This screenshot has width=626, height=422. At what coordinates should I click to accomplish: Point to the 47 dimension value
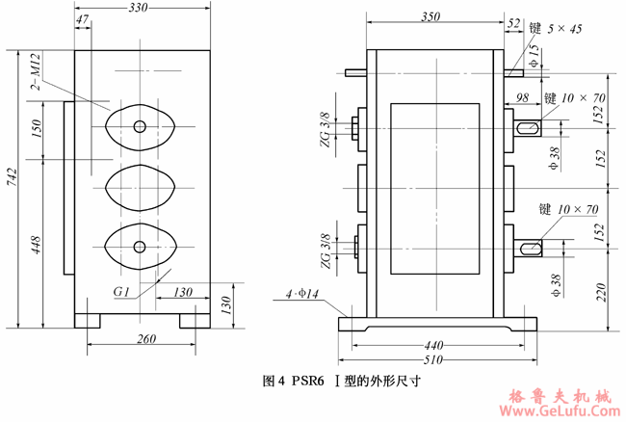pyautogui.click(x=82, y=21)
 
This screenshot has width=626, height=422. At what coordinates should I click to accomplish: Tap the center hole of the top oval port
pyautogui.click(x=139, y=126)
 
